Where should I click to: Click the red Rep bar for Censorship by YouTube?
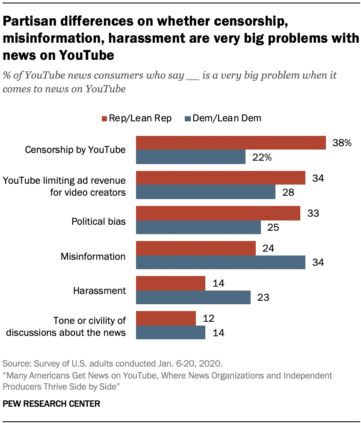pyautogui.click(x=231, y=143)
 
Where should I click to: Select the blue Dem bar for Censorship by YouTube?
pyautogui.click(x=191, y=157)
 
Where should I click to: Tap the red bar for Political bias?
pyautogui.click(x=218, y=213)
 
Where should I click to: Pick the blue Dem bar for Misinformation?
pyautogui.click(x=221, y=262)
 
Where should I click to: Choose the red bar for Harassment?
pyautogui.click(x=171, y=283)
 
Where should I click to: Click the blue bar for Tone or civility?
pyautogui.click(x=171, y=332)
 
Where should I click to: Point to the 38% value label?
pyautogui.click(x=342, y=143)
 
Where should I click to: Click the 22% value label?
pyautogui.click(x=262, y=157)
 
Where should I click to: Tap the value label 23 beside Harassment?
pyautogui.click(x=263, y=297)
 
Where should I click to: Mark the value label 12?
pyautogui.click(x=209, y=318)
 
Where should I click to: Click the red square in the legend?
pyautogui.click(x=103, y=118)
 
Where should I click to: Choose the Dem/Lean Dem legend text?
pyautogui.click(x=227, y=118)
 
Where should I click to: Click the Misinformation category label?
pyautogui.click(x=93, y=256)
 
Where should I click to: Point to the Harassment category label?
pyautogui.click(x=99, y=291)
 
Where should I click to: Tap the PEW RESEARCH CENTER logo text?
pyautogui.click(x=51, y=403)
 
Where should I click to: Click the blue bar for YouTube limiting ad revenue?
pyautogui.click(x=206, y=192)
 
